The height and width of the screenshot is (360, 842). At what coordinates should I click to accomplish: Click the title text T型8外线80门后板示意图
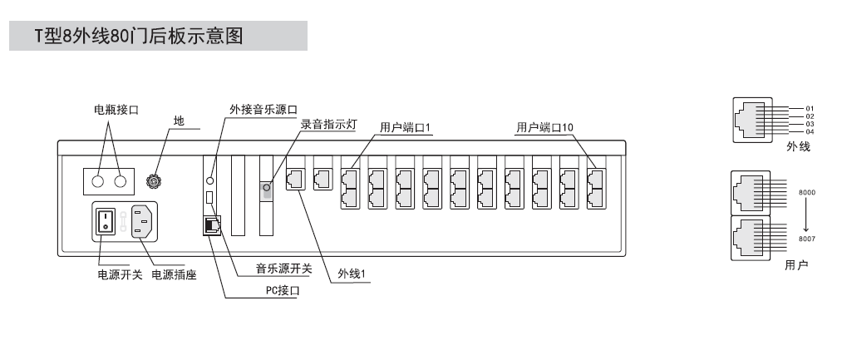(x=139, y=37)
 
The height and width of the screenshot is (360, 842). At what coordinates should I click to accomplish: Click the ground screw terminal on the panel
(x=153, y=180)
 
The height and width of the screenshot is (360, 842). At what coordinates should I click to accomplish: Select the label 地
(x=178, y=121)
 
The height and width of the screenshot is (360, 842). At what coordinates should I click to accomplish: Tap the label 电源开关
(x=112, y=274)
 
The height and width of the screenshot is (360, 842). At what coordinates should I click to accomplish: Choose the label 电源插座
(x=174, y=274)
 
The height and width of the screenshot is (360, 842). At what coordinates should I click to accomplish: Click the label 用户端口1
(x=402, y=128)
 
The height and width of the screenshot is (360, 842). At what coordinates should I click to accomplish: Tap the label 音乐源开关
(x=283, y=268)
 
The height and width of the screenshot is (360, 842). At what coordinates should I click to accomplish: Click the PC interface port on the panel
(x=211, y=224)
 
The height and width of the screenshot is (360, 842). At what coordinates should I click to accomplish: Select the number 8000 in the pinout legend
(x=806, y=192)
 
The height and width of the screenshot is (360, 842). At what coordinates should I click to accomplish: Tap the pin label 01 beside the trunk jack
(x=810, y=108)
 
